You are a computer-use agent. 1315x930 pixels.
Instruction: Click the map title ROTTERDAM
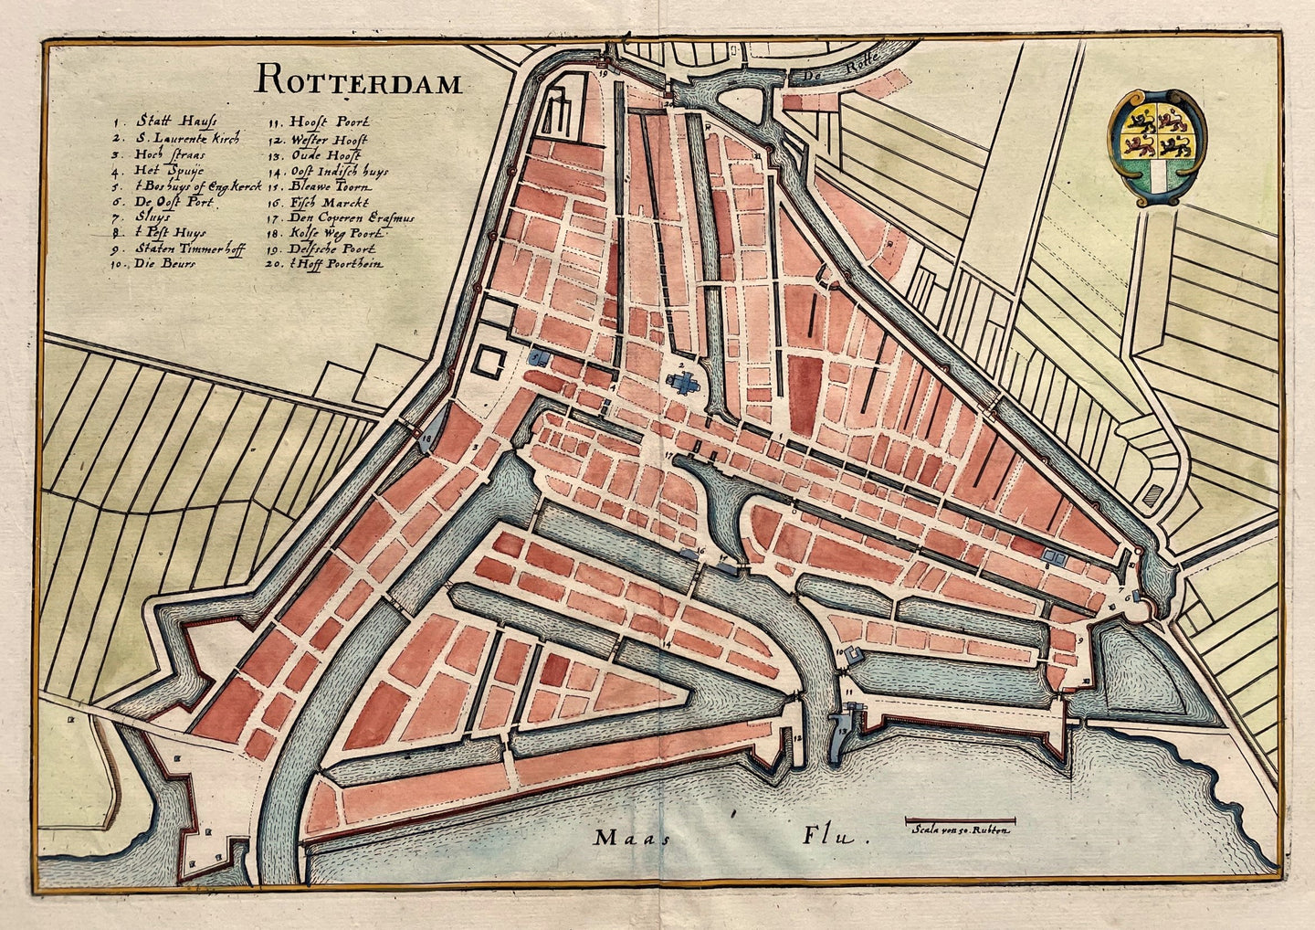[x=358, y=81]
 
